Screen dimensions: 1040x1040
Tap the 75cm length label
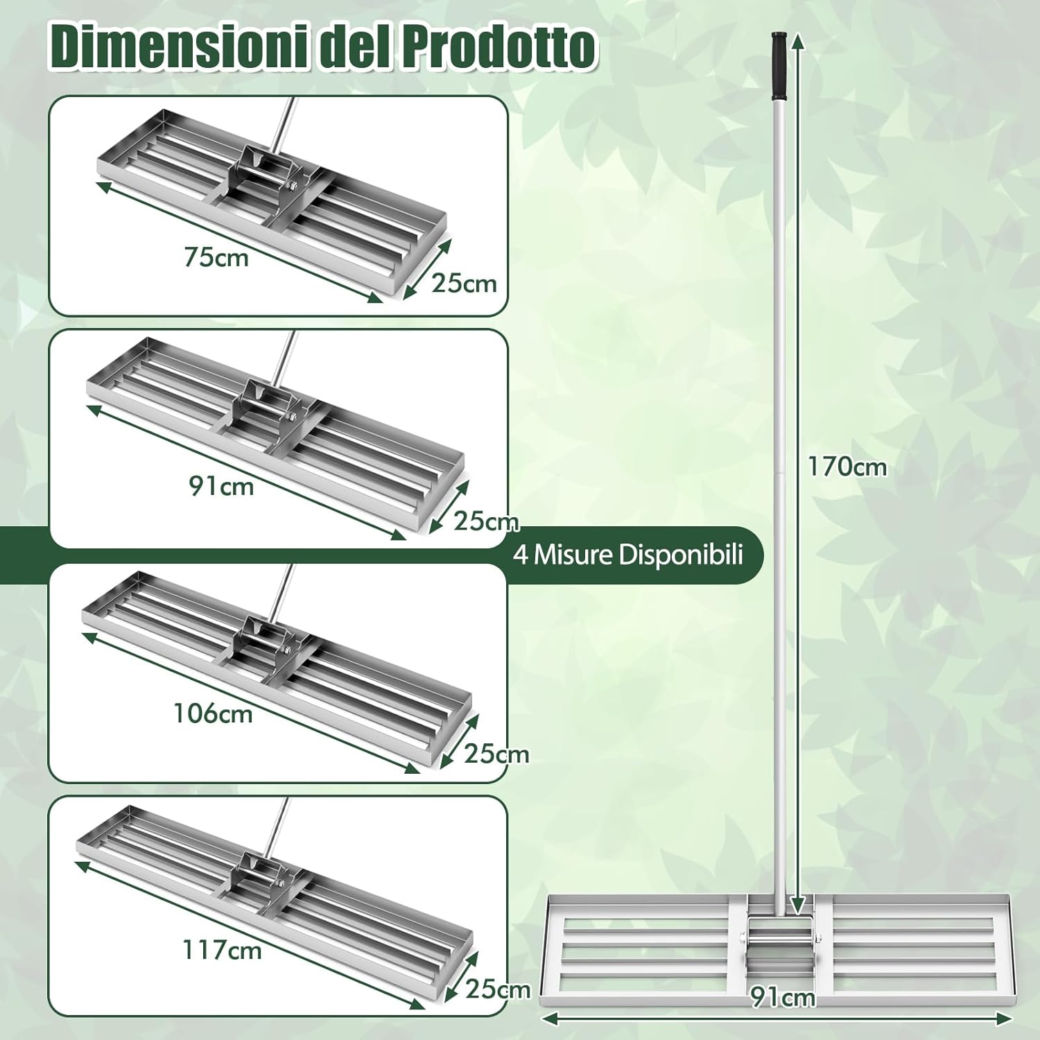tap(216, 257)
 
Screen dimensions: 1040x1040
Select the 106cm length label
tap(213, 713)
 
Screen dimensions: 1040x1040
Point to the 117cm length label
tap(222, 949)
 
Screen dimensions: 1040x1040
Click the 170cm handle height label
tap(847, 467)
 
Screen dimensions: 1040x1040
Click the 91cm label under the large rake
tap(783, 997)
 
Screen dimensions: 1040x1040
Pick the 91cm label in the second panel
tap(221, 486)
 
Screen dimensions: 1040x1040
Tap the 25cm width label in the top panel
tap(464, 283)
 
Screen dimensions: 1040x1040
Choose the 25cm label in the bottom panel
tap(497, 989)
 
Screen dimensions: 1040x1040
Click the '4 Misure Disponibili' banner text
tap(627, 555)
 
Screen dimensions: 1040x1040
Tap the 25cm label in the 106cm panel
tap(496, 754)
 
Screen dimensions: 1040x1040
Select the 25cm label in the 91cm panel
tap(486, 521)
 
